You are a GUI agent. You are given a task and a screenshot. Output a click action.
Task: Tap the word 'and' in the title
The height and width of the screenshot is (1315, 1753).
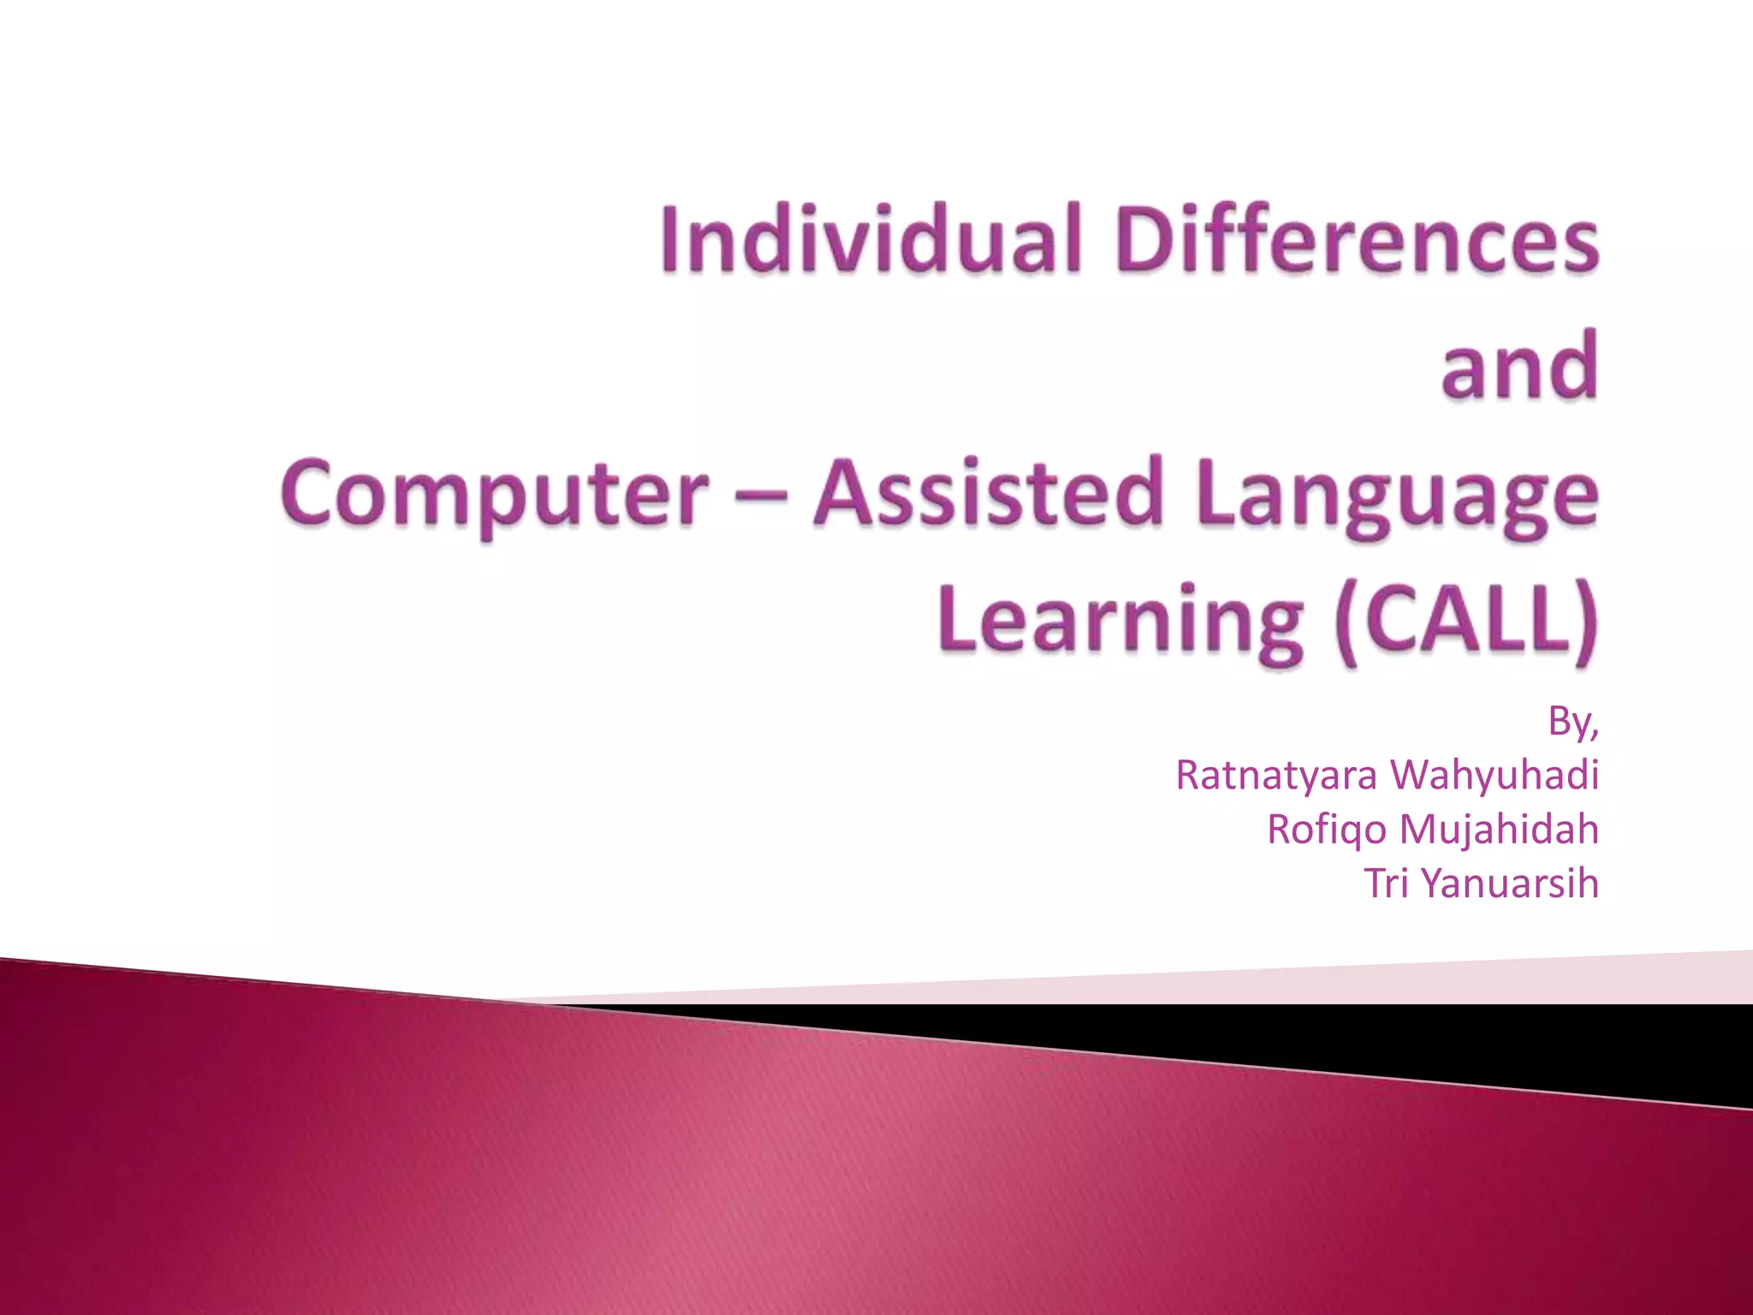coord(1519,366)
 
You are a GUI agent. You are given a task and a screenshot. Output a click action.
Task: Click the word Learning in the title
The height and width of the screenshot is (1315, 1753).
coord(1120,621)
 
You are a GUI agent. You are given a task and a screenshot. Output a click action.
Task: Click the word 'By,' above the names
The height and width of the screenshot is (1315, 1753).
coord(1572,722)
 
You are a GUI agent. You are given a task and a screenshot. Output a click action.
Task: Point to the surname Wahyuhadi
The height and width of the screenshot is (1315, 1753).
coord(1494,776)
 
